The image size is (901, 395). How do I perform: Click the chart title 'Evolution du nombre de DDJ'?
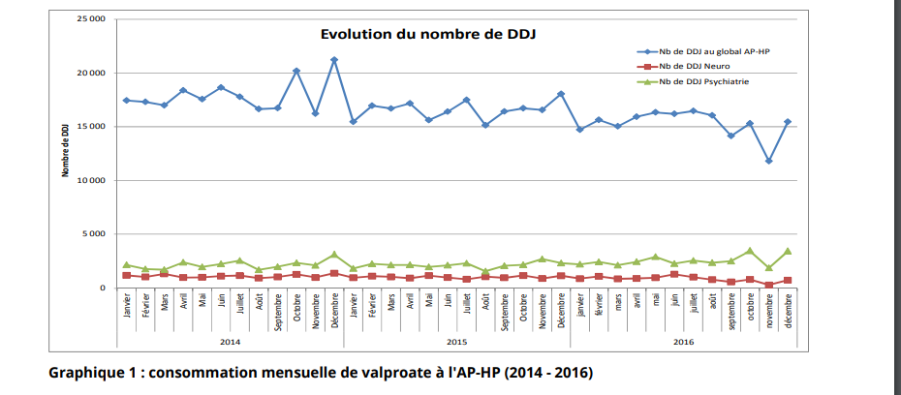[x=428, y=35]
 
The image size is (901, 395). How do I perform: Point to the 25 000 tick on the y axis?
[x=91, y=19]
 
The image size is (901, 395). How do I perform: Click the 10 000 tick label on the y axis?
[x=91, y=180]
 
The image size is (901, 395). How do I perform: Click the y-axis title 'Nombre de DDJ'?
[x=65, y=150]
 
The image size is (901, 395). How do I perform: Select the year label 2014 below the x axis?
[x=231, y=341]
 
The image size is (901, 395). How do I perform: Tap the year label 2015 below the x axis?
[x=457, y=341]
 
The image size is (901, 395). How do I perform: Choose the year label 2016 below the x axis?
[x=683, y=341]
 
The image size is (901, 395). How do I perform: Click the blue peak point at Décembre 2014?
[x=334, y=60]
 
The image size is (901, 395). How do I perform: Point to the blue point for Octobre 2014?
[x=296, y=71]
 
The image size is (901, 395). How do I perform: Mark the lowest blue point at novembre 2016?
[x=768, y=161]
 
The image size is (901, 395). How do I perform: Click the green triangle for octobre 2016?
[x=750, y=251]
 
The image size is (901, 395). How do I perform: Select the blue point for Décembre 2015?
[x=561, y=94]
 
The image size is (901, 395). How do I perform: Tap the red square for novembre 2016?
[x=768, y=285]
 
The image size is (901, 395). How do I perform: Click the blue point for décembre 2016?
[x=788, y=122]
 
